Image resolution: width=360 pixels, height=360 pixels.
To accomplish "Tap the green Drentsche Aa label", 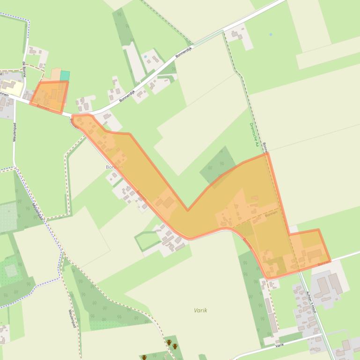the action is pos(254,134).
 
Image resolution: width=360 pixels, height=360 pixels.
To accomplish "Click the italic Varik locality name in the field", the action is pos(200,310).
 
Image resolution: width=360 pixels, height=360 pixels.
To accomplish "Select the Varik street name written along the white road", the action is pos(279,345).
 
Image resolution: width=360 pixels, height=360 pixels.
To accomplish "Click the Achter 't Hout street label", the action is pos(311,302).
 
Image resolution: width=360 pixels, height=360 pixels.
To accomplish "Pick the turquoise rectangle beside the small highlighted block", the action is pos(65,76).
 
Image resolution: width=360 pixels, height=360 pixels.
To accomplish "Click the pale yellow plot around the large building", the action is pos(12,87).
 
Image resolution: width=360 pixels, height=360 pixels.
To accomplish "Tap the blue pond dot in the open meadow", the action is pos(271,34).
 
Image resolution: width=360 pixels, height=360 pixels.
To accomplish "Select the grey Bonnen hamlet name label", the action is pos(114,167).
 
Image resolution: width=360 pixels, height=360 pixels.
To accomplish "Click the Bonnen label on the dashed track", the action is pos(265,148).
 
